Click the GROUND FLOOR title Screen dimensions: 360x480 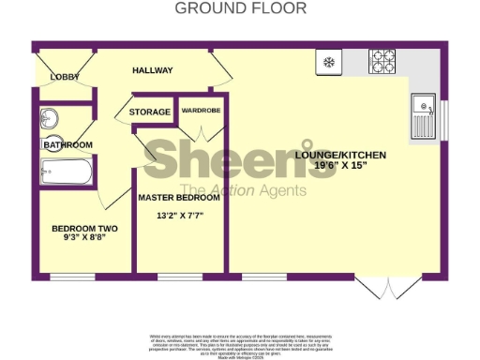pyautogui.click(x=240, y=8)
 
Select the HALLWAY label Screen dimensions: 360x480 pyautogui.click(x=153, y=70)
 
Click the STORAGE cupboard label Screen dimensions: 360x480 pyautogui.click(x=150, y=112)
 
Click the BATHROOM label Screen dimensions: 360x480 pyautogui.click(x=67, y=145)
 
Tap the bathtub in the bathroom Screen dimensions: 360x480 pyautogui.click(x=67, y=172)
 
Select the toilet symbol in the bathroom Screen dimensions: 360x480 pyautogui.click(x=50, y=119)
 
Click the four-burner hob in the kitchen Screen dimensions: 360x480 pyautogui.click(x=382, y=62)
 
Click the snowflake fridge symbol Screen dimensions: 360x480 pyautogui.click(x=329, y=63)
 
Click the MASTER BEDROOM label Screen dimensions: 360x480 pyautogui.click(x=179, y=199)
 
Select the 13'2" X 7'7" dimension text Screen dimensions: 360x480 pyautogui.click(x=179, y=216)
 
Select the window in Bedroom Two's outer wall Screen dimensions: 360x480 pyautogui.click(x=72, y=277)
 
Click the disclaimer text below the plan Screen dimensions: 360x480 pyautogui.click(x=240, y=342)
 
